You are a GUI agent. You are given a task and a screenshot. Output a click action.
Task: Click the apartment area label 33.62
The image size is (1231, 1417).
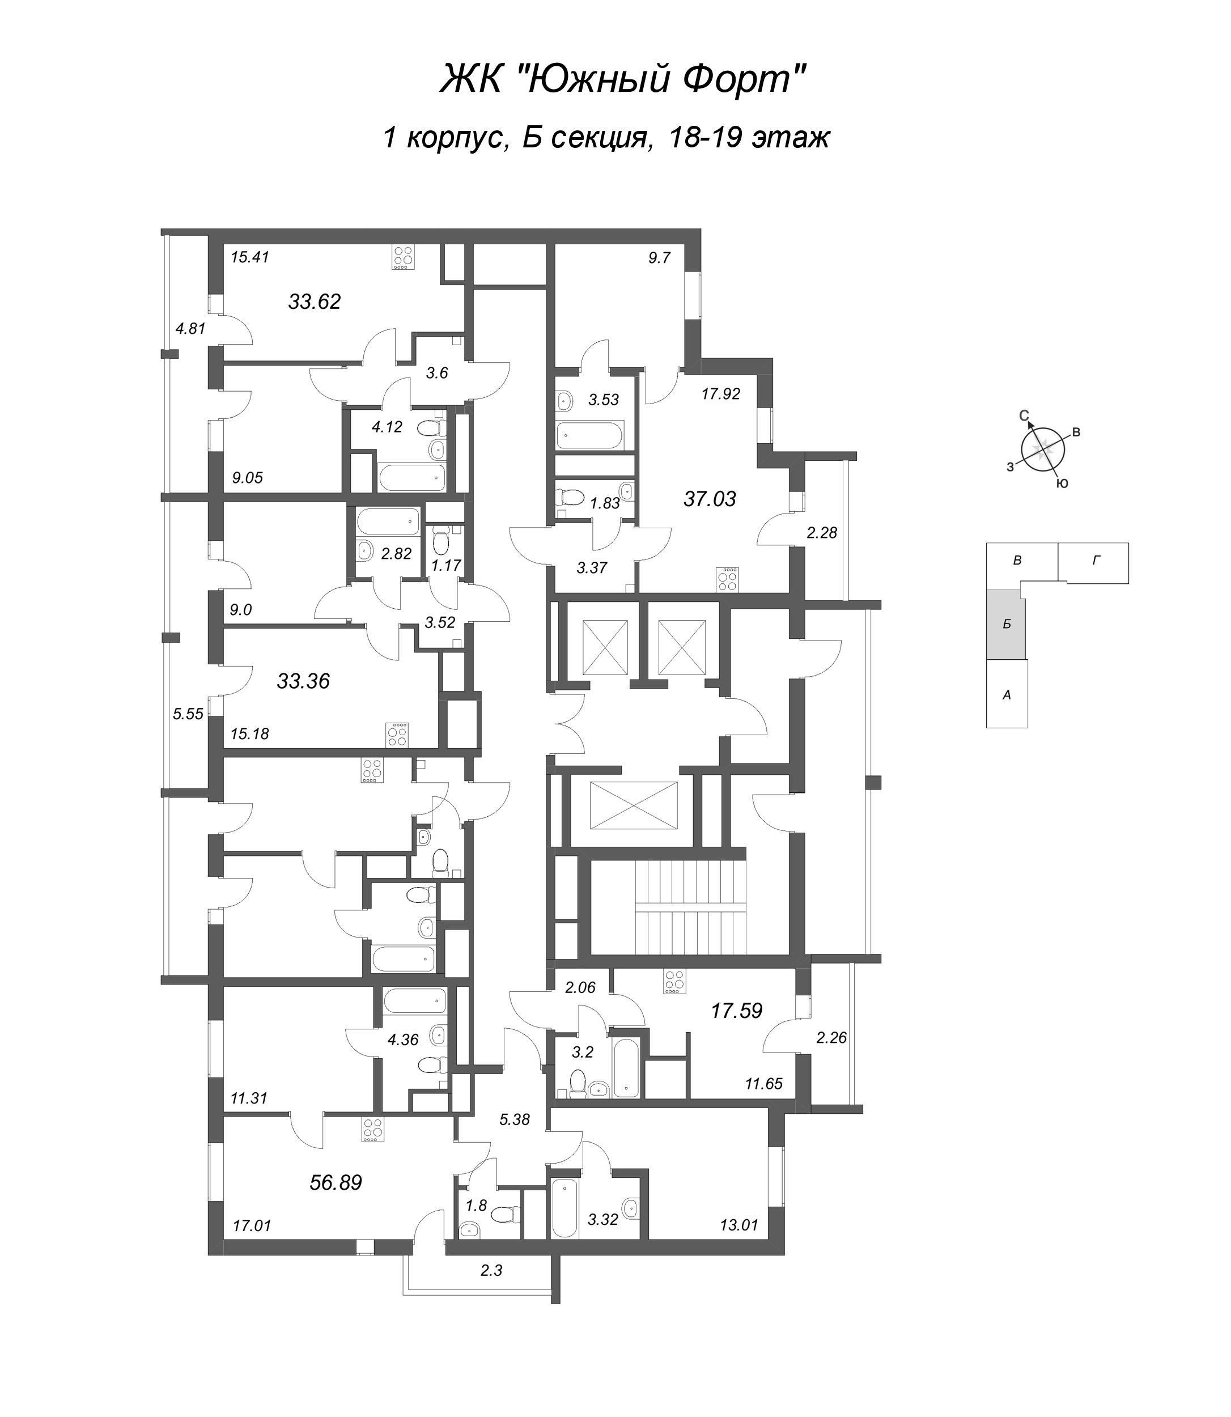point(314,302)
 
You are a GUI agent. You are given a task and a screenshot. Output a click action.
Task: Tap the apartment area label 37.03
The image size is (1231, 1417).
point(709,499)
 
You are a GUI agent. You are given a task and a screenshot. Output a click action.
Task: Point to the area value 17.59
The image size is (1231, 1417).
point(736,1011)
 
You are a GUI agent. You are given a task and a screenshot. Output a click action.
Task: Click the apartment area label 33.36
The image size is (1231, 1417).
point(303,681)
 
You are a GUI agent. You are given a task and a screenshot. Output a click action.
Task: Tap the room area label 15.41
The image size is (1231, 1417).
point(249,257)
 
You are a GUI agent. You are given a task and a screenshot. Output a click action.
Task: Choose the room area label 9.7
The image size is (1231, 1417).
point(659,258)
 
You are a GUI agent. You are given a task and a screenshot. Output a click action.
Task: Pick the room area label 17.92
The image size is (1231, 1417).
point(720,394)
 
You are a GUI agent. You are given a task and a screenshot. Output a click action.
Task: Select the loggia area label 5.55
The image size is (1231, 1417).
point(188,714)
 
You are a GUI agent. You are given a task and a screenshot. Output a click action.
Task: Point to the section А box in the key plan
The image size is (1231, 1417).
point(1007,694)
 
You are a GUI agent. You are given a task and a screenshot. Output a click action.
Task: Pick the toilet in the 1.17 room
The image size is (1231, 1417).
point(441,541)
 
